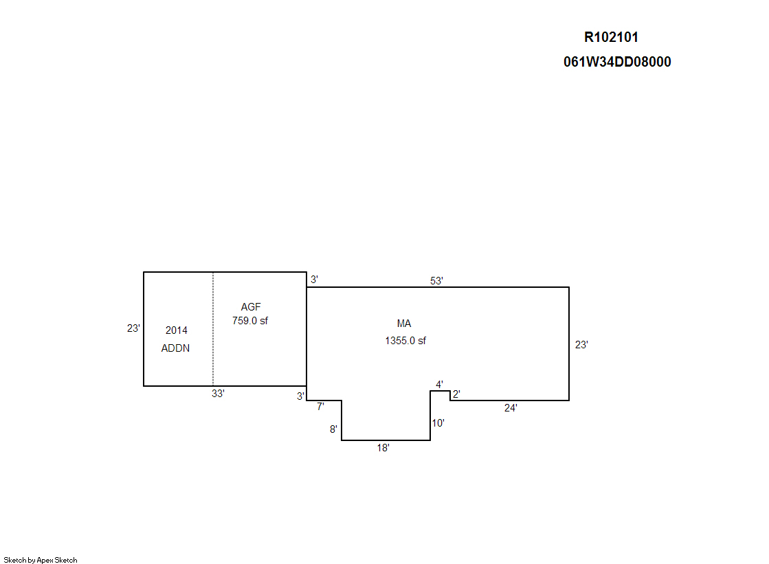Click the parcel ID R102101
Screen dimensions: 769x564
coord(611,37)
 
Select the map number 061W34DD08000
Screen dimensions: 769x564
coord(617,62)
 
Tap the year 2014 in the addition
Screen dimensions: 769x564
coord(177,330)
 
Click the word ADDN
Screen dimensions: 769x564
coord(175,348)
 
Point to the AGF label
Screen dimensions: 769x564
coord(251,307)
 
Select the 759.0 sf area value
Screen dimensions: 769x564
coord(250,321)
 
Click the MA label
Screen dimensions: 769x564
coord(404,324)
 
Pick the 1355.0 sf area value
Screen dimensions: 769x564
coord(405,341)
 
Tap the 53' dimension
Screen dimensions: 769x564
coord(436,281)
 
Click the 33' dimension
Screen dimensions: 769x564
coord(219,394)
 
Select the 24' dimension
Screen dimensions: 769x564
coord(511,408)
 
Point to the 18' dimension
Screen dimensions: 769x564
coord(383,448)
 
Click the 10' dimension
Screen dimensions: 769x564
coord(438,423)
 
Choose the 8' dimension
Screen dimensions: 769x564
coord(333,429)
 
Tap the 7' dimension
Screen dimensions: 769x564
coord(321,407)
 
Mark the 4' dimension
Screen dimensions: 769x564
coord(439,385)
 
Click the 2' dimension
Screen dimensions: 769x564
coord(456,394)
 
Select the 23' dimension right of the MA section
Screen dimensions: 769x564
coord(581,345)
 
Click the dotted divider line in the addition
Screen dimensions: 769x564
coord(213,329)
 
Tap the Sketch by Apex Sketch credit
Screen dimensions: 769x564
coord(41,560)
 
